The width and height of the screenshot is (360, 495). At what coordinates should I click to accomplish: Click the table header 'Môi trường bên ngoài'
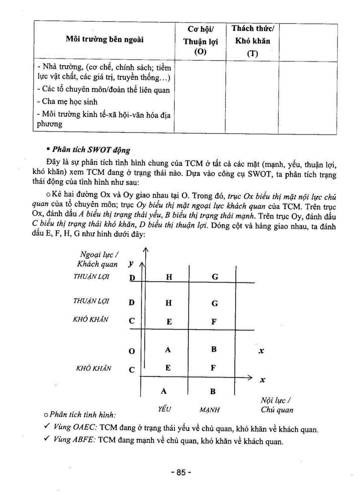[x=105, y=40]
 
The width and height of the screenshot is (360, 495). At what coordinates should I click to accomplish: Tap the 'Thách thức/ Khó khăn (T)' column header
[x=252, y=41]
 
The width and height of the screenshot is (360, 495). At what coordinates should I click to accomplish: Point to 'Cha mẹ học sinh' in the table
[x=67, y=102]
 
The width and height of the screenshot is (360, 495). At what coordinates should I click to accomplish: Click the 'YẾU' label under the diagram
[x=164, y=409]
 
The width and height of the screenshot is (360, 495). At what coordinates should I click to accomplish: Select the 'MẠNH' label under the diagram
[x=210, y=409]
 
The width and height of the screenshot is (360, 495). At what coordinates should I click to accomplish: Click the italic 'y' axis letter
[x=130, y=264]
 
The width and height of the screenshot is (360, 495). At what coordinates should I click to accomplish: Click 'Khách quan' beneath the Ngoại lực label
[x=97, y=264]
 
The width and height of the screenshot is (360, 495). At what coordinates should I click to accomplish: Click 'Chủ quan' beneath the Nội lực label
[x=277, y=410]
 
